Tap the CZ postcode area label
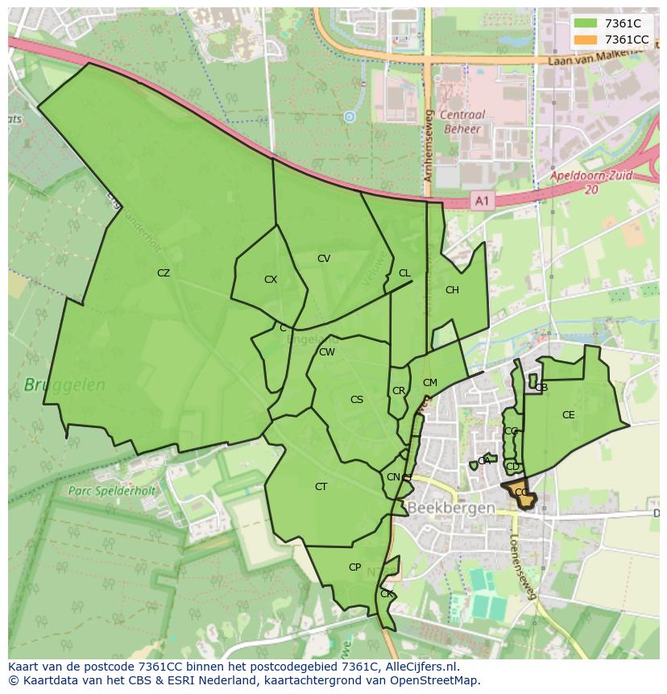(164, 273)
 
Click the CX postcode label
(271, 280)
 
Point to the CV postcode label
(324, 259)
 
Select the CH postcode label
(452, 290)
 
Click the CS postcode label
(357, 400)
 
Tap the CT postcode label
(321, 487)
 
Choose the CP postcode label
(354, 567)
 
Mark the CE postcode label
(569, 415)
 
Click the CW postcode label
(327, 352)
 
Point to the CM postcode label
(430, 383)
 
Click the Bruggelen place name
(64, 385)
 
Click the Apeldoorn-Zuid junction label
(591, 181)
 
